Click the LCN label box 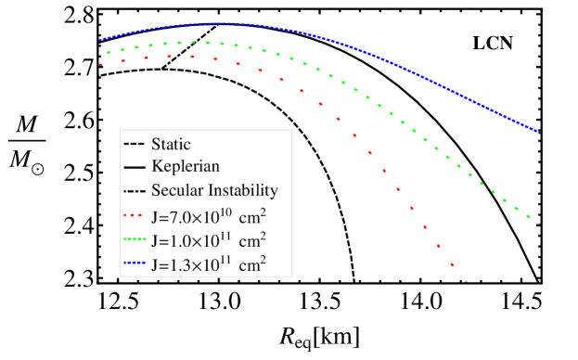493,43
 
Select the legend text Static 171,144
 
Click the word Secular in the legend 176,190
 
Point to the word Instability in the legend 243,190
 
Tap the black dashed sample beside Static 133,145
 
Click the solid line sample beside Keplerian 133,168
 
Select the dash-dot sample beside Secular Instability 133,191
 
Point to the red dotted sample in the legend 133,217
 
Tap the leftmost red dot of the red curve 101,64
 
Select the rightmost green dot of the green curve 540,222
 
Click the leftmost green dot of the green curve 109,53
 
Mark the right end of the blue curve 539,132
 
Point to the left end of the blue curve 100,40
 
